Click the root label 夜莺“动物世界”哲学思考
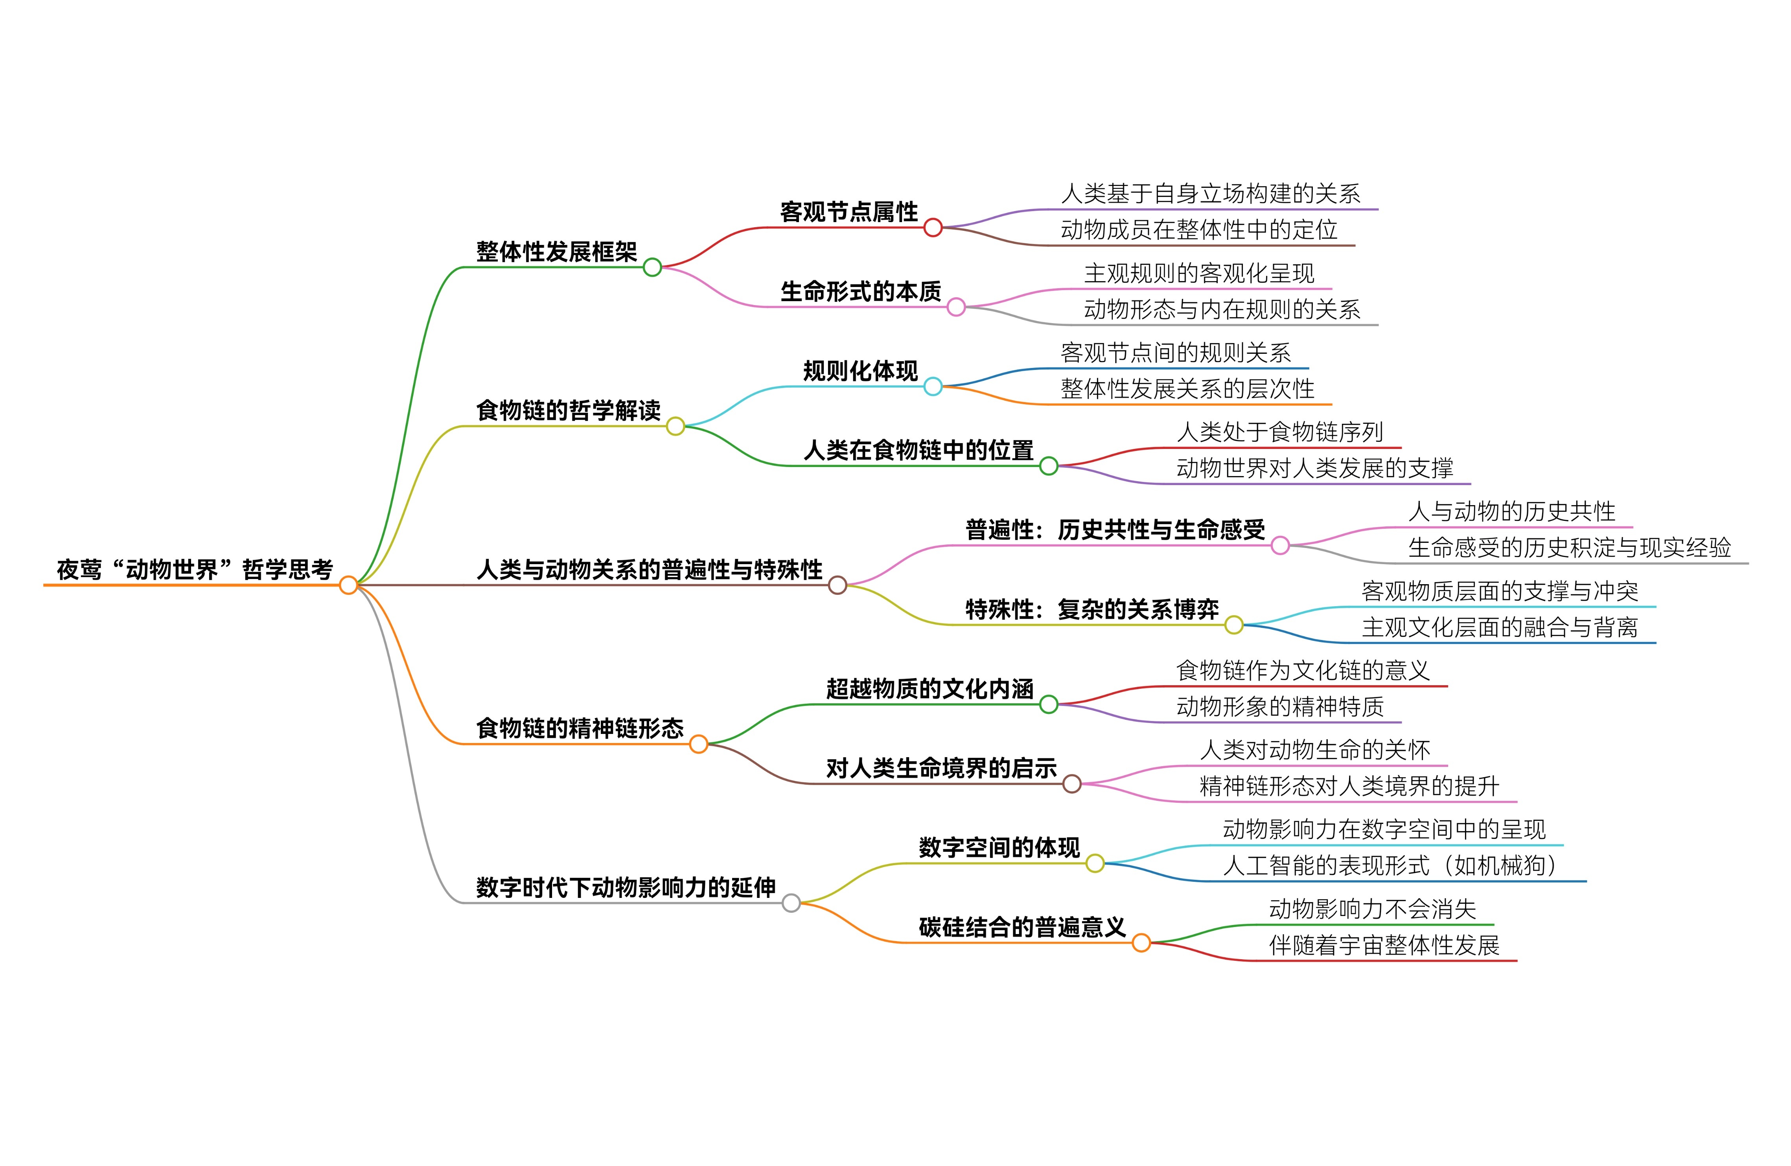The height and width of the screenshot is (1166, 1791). tap(195, 570)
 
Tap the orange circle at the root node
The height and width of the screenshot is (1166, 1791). tap(348, 585)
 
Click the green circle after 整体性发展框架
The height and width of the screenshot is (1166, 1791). tap(652, 267)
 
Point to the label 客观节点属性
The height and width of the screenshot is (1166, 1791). tap(849, 212)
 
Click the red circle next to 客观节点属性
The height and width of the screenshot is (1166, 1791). tap(933, 227)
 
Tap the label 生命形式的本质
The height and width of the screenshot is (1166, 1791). tap(860, 291)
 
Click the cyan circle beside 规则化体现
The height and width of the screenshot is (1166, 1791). tap(933, 387)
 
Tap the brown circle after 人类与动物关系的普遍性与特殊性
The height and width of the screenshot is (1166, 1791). tap(838, 585)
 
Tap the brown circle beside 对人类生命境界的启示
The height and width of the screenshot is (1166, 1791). tap(1072, 784)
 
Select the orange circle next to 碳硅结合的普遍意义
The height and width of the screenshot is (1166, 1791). tap(1141, 943)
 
